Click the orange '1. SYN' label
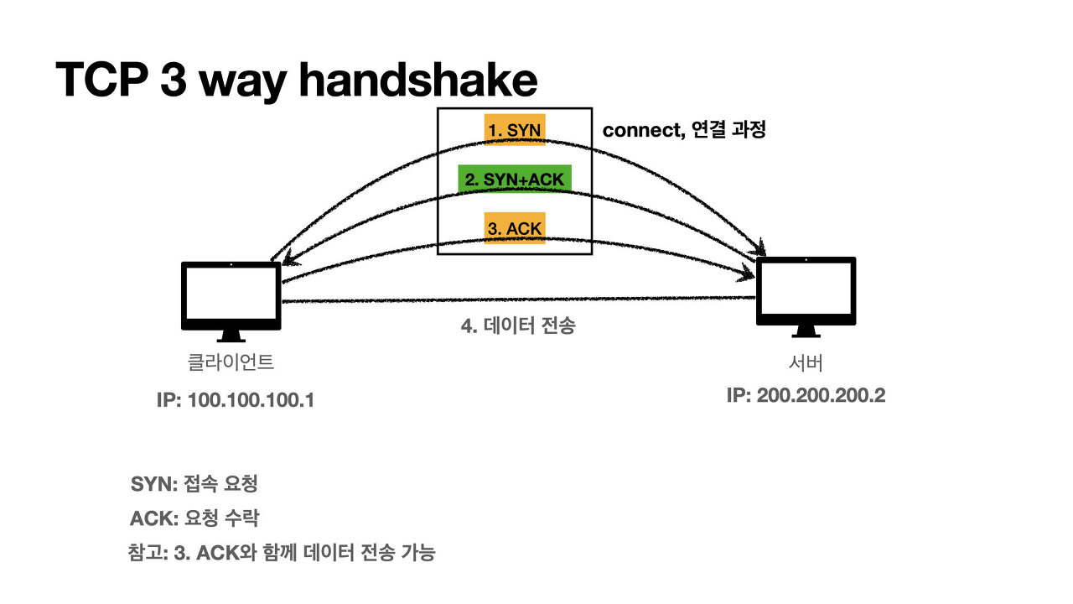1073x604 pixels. coord(515,130)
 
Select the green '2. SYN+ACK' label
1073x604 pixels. coord(515,180)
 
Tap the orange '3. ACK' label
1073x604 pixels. coord(515,228)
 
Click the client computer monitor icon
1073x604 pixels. coord(231,295)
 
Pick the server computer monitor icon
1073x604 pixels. coord(806,290)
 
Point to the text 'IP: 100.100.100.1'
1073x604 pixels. coord(236,400)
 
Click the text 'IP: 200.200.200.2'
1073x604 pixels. coord(806,395)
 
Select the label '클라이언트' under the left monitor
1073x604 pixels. coord(231,363)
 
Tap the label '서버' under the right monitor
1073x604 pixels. coord(806,362)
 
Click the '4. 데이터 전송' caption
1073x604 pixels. coord(518,326)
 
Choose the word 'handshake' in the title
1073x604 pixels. coord(417,80)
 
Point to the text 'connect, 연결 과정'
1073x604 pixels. coord(684,131)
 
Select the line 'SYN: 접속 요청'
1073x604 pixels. coord(194,484)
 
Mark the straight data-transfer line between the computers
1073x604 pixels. coord(520,299)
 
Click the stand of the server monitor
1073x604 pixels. coord(806,332)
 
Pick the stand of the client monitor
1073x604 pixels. coord(231,336)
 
